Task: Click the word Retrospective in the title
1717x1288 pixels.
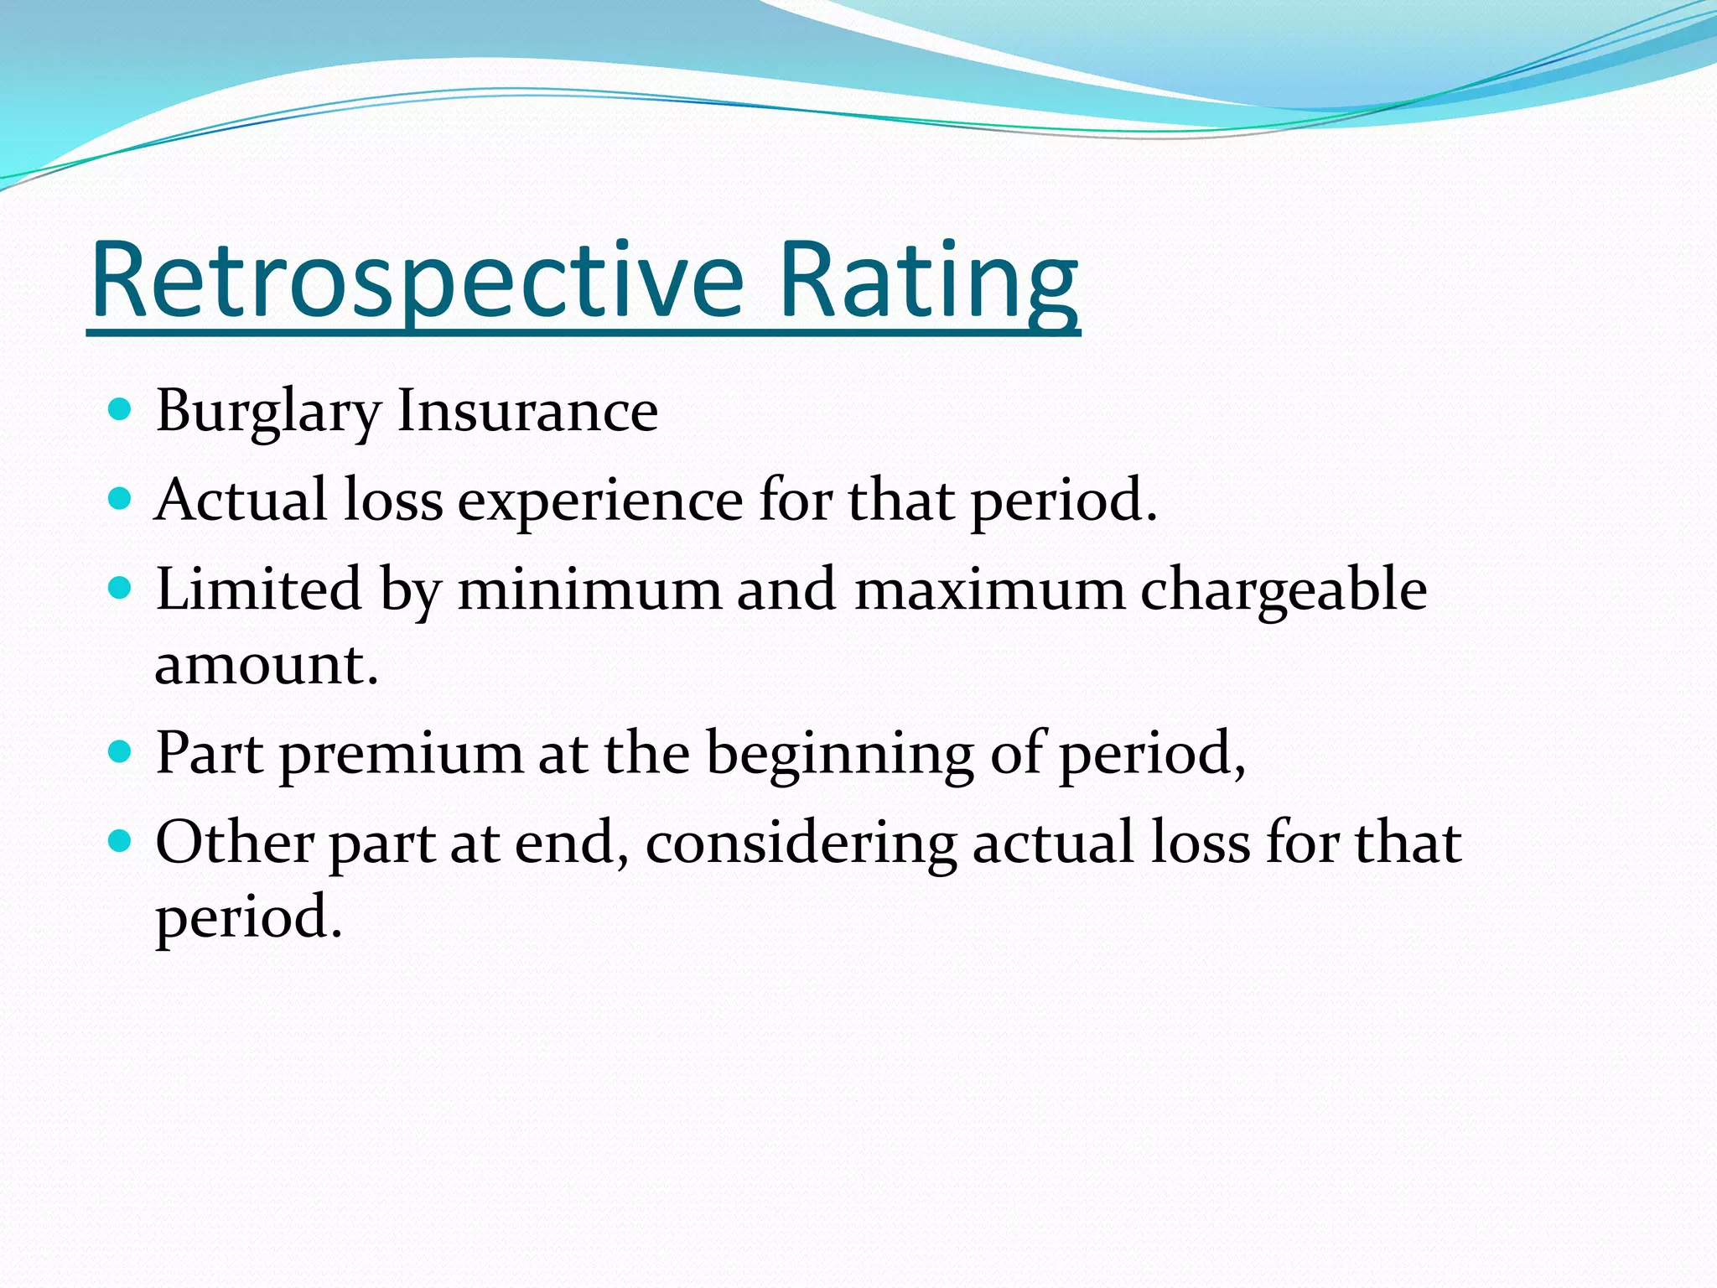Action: point(417,281)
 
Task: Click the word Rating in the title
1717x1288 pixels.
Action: point(928,281)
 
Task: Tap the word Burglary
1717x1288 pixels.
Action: point(268,413)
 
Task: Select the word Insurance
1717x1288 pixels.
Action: point(527,411)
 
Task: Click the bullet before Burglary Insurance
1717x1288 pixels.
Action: point(121,410)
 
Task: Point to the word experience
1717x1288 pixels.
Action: point(600,501)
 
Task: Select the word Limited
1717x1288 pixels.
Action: point(258,589)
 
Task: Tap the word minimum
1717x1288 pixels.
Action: point(589,589)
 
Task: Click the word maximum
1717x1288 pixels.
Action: point(989,589)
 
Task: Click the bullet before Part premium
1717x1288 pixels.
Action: point(121,750)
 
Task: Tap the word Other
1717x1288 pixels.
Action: point(235,842)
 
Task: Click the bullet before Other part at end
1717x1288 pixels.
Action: point(121,839)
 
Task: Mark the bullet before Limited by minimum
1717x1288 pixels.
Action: point(121,588)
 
